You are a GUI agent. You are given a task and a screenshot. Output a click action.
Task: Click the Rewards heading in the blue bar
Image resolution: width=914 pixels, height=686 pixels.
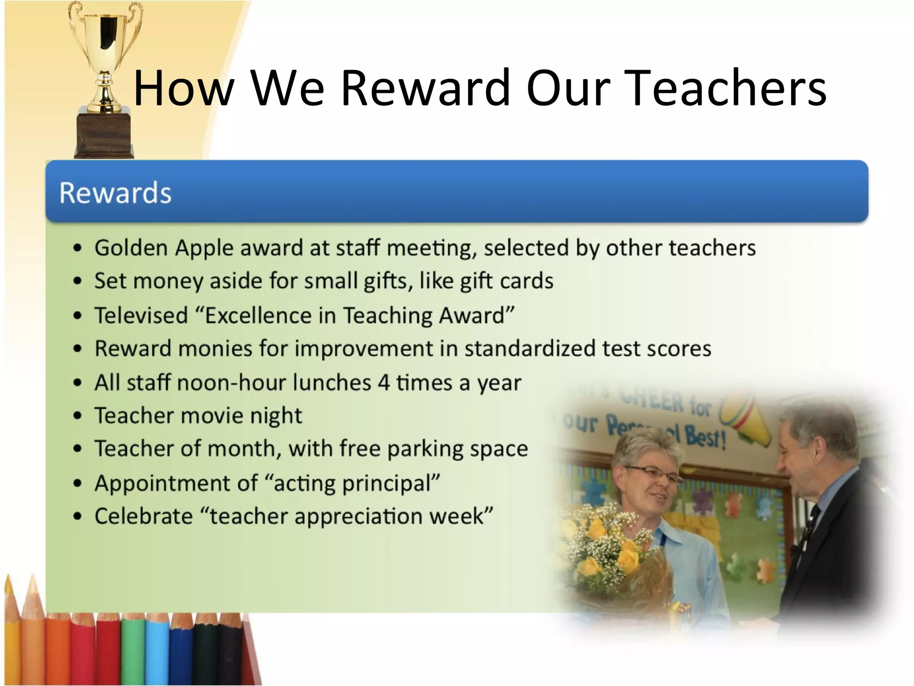pos(115,193)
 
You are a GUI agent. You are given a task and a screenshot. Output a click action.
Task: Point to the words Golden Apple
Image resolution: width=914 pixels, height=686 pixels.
pos(164,248)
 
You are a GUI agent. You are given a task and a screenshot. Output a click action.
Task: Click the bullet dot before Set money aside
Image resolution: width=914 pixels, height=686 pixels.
pos(78,281)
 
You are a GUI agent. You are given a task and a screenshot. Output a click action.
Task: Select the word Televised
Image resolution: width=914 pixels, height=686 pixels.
pos(141,315)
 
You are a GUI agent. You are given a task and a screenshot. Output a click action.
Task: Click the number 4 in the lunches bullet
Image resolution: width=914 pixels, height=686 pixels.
pos(384,383)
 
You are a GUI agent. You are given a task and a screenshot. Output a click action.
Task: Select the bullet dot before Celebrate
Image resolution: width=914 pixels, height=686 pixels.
pos(78,517)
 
